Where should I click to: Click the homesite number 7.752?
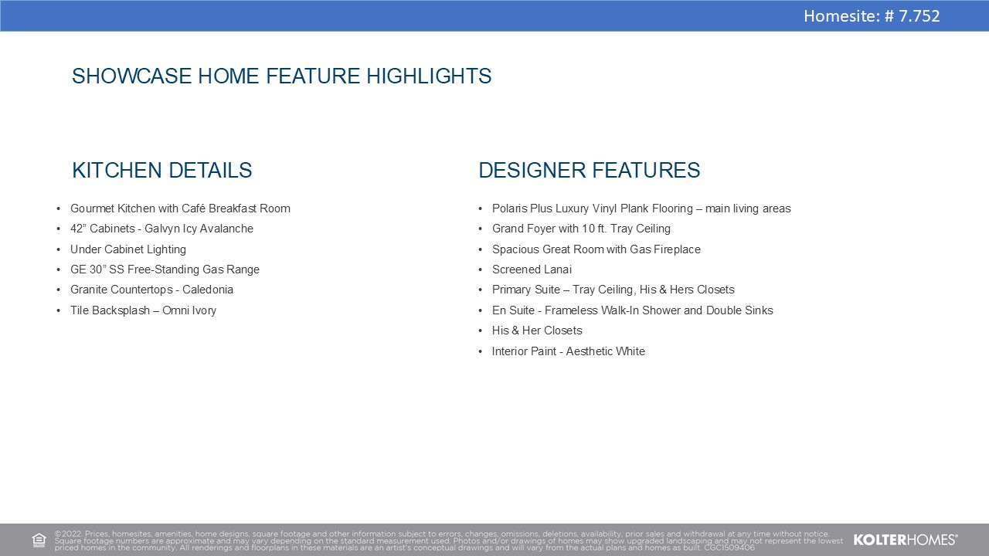pos(919,16)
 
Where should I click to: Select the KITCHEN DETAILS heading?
pos(162,171)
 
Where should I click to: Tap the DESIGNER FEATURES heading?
pos(590,171)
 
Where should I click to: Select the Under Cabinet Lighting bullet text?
pos(128,249)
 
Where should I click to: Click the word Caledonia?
pos(208,290)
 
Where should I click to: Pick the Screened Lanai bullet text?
pos(532,270)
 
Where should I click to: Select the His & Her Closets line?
pos(537,331)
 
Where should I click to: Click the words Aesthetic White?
pos(605,351)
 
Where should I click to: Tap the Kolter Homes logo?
pos(906,540)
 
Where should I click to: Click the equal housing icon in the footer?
pos(39,540)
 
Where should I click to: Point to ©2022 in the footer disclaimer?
pos(69,534)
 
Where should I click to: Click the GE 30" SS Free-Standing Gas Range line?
pos(165,270)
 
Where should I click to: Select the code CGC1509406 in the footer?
pos(729,548)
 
